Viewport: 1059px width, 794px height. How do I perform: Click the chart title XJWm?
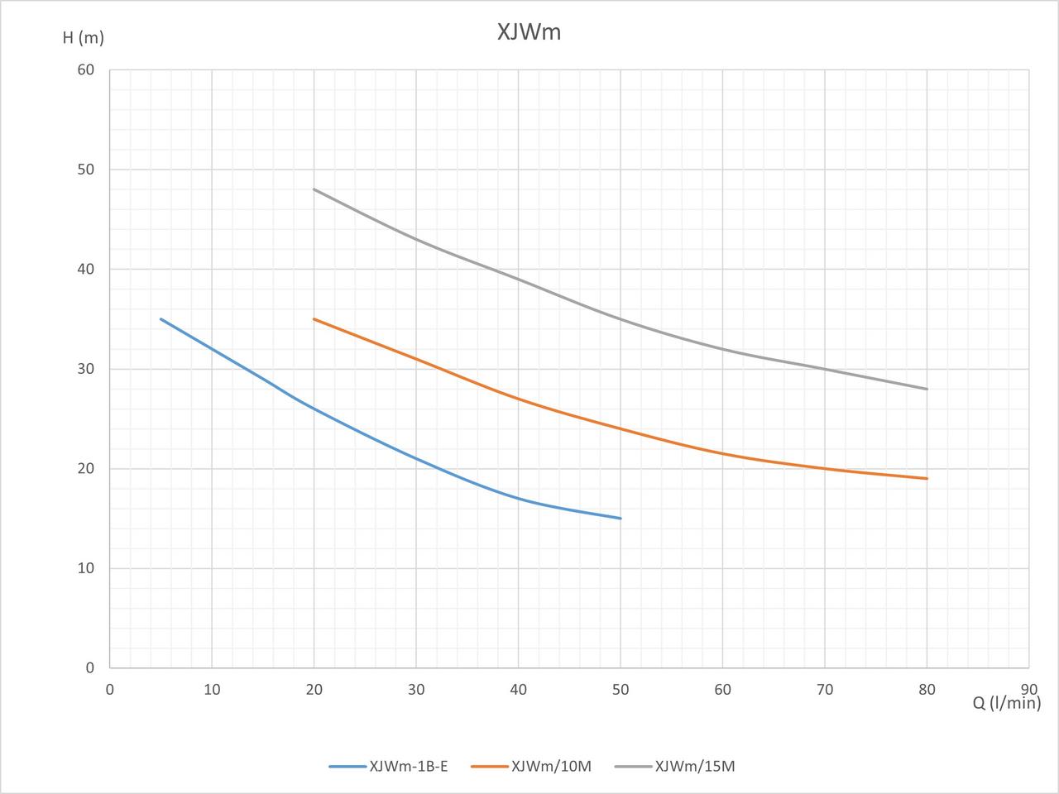point(529,31)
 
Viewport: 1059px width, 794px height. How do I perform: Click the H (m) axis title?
point(83,37)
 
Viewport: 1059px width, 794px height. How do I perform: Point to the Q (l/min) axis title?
point(1006,702)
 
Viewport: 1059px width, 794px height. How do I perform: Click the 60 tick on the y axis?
point(86,70)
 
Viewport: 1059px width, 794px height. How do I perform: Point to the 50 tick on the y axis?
point(86,170)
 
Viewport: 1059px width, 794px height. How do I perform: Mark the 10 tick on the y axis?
point(86,568)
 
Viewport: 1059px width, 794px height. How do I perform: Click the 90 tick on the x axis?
point(1028,689)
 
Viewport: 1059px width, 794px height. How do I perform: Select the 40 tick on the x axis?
point(518,689)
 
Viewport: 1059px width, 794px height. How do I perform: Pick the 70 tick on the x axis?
point(824,689)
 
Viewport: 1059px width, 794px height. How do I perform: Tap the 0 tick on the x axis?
point(110,689)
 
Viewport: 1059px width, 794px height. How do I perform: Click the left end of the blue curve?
point(161,319)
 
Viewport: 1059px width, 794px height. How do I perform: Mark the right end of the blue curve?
point(621,519)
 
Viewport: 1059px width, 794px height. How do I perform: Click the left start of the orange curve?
point(314,319)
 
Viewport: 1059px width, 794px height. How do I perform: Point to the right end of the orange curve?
point(927,478)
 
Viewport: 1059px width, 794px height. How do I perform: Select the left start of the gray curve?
point(314,189)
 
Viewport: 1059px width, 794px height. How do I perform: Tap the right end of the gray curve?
point(927,389)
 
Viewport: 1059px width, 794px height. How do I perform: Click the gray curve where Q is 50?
point(621,319)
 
